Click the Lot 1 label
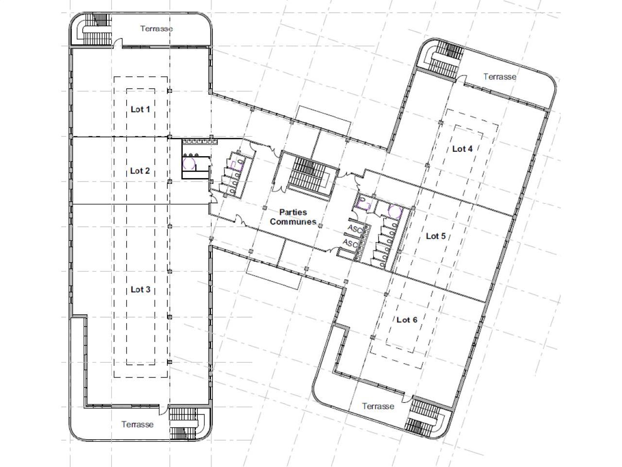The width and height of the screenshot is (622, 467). tap(140, 109)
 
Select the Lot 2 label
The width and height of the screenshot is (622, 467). tap(139, 171)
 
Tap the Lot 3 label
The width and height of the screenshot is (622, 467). tap(140, 289)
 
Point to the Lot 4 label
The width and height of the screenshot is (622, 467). tap(462, 148)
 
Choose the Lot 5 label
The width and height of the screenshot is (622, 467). tap(435, 236)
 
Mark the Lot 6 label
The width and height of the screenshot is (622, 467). tap(407, 320)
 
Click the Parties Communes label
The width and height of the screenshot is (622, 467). tap(293, 217)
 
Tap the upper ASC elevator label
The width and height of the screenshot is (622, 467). tap(355, 229)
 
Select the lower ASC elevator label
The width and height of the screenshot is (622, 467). tap(350, 243)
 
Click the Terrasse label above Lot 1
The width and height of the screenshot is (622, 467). tap(156, 28)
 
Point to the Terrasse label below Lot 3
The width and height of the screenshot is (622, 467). tap(138, 424)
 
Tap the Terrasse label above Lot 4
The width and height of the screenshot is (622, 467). tap(500, 76)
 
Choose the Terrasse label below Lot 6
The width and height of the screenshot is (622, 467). tap(378, 406)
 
